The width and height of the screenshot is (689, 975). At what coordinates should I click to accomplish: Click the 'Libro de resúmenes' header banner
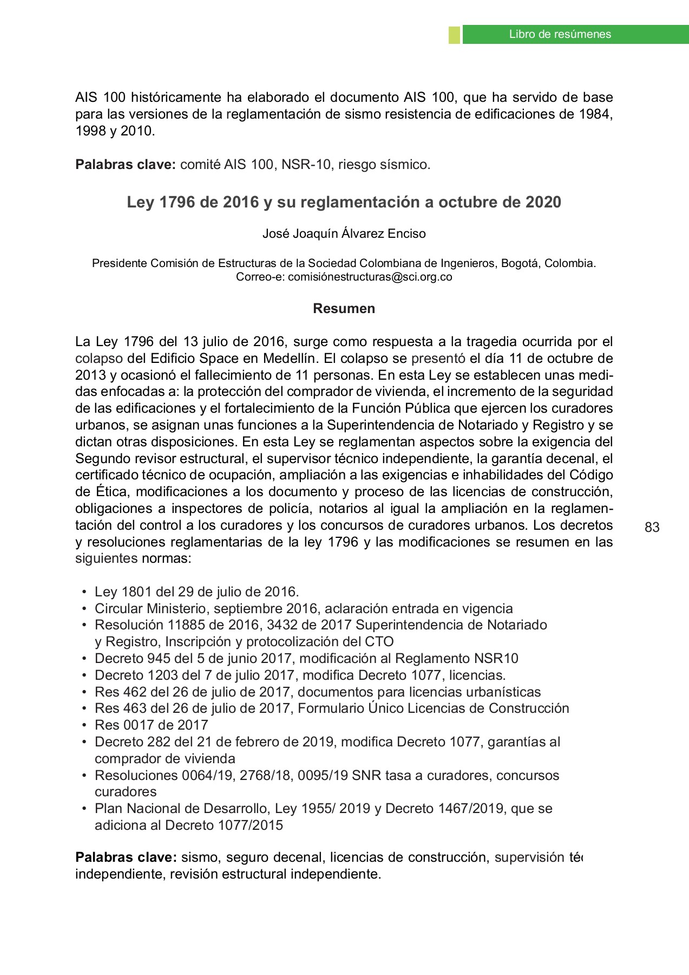click(x=560, y=34)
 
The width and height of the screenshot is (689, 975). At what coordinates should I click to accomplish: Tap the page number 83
click(x=652, y=527)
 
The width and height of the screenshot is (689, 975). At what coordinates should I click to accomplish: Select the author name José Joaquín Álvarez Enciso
click(x=344, y=233)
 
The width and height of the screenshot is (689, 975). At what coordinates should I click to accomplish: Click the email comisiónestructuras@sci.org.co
click(x=370, y=277)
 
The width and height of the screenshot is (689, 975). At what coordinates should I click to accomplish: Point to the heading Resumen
click(x=344, y=308)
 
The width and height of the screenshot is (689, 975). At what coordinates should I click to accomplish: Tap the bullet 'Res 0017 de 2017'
click(x=151, y=725)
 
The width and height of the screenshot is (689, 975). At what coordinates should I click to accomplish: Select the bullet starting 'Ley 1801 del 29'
click(x=196, y=591)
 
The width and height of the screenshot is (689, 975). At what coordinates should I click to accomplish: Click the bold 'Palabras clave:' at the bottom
click(x=126, y=857)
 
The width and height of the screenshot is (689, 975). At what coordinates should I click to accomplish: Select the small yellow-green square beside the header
click(x=454, y=34)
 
